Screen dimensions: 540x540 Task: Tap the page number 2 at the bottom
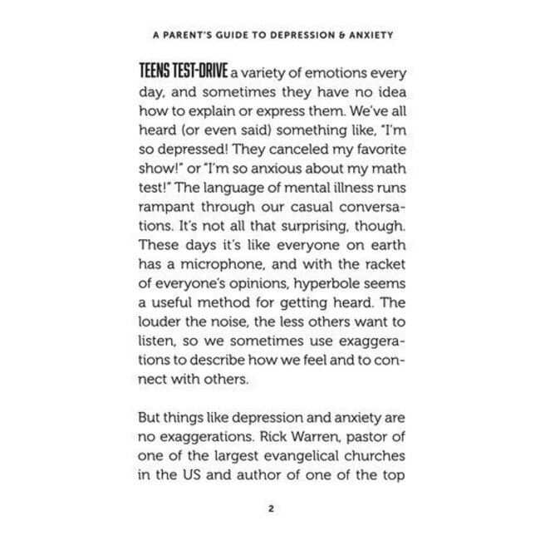[270, 509]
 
